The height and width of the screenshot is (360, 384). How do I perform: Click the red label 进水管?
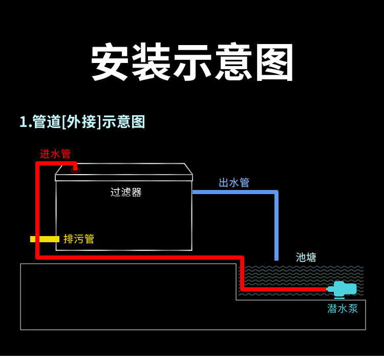coord(55,154)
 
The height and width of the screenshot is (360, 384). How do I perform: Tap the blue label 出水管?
coord(234,183)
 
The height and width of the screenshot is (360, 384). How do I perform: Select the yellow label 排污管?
coord(79,239)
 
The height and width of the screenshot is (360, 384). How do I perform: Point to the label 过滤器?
coord(126,193)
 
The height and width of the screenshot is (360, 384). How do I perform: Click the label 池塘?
coord(306,258)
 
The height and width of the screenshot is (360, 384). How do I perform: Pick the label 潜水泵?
coord(343,309)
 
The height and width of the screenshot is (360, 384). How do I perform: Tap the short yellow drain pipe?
coord(45,239)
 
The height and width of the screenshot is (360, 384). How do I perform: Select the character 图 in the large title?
coord(275,62)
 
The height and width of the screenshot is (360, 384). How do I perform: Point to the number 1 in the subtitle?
coord(23,122)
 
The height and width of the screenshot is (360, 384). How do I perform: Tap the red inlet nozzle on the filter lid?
coord(75,167)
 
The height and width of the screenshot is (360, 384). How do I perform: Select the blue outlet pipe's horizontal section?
coord(233,192)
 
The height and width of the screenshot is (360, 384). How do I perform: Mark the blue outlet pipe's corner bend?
coord(276,193)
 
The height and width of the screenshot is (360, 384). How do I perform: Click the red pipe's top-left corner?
coord(38,164)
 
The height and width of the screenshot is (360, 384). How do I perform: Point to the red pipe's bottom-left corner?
coord(38,257)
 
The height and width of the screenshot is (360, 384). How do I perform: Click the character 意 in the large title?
coord(234,62)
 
